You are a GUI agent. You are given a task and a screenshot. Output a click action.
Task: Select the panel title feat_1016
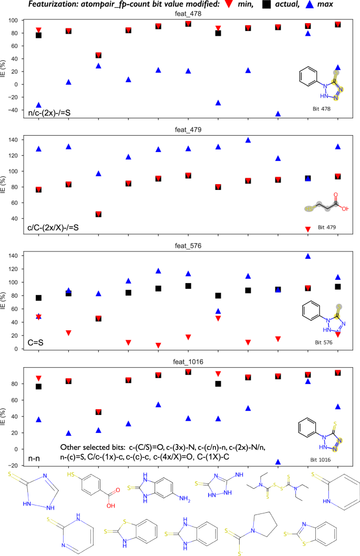point(188,361)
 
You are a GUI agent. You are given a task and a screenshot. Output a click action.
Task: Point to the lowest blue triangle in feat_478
point(278,114)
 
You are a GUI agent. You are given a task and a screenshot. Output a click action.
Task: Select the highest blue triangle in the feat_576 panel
point(308,256)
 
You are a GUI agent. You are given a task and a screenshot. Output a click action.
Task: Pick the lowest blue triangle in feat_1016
point(278,462)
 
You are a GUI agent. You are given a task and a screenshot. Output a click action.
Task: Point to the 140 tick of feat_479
point(12,140)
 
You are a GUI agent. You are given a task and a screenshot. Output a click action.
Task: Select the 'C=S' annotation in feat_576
point(35,341)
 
